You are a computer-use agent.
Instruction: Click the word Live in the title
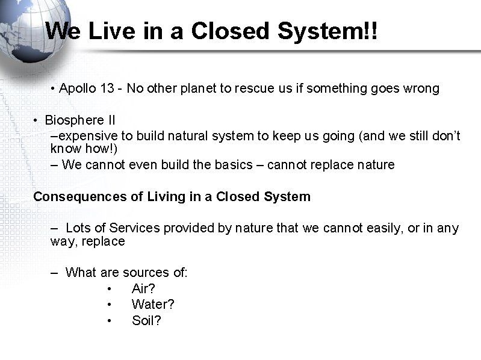click(x=109, y=31)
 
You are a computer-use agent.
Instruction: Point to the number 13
click(x=108, y=89)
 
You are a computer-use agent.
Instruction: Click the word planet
click(x=196, y=89)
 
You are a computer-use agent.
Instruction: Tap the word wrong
click(x=422, y=89)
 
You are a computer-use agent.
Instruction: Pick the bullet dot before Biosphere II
click(x=36, y=120)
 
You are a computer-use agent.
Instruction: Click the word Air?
click(x=143, y=289)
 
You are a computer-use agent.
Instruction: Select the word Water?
click(x=152, y=305)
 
